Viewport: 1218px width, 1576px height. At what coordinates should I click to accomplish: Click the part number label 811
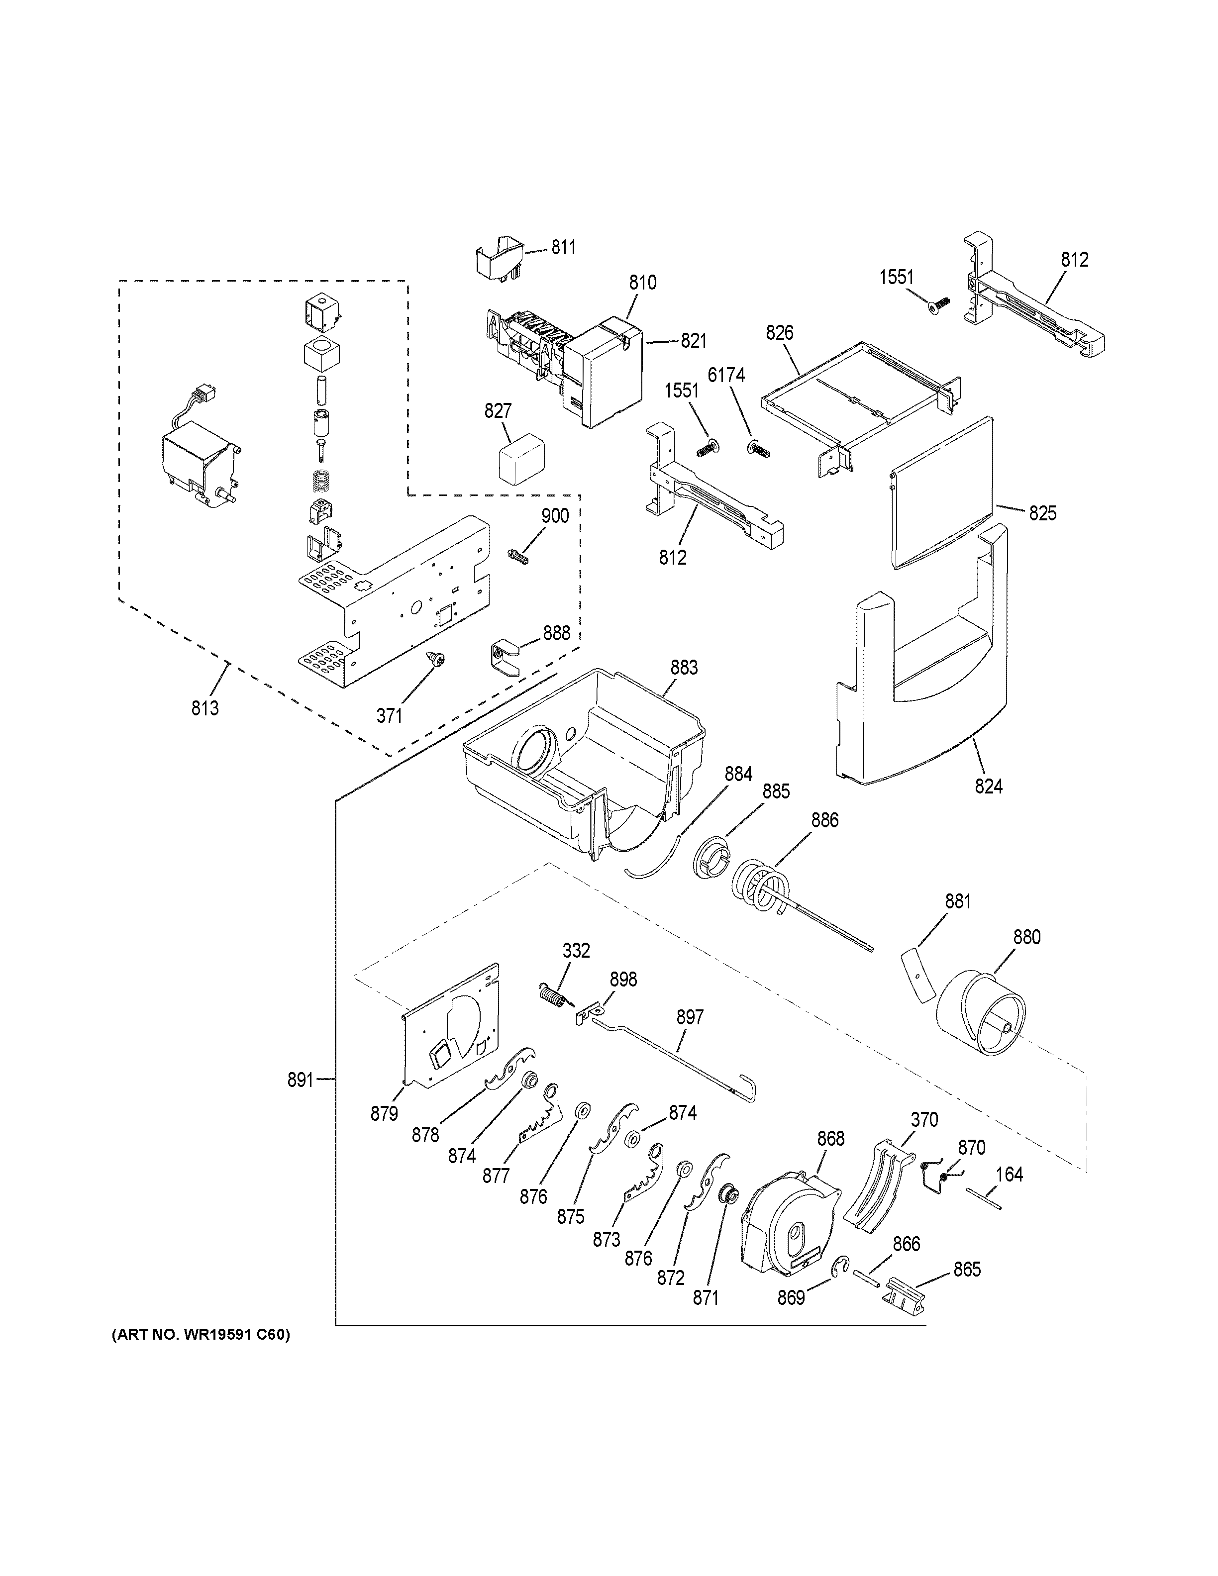[x=564, y=248]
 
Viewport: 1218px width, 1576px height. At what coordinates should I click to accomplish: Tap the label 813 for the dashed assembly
[x=205, y=708]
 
